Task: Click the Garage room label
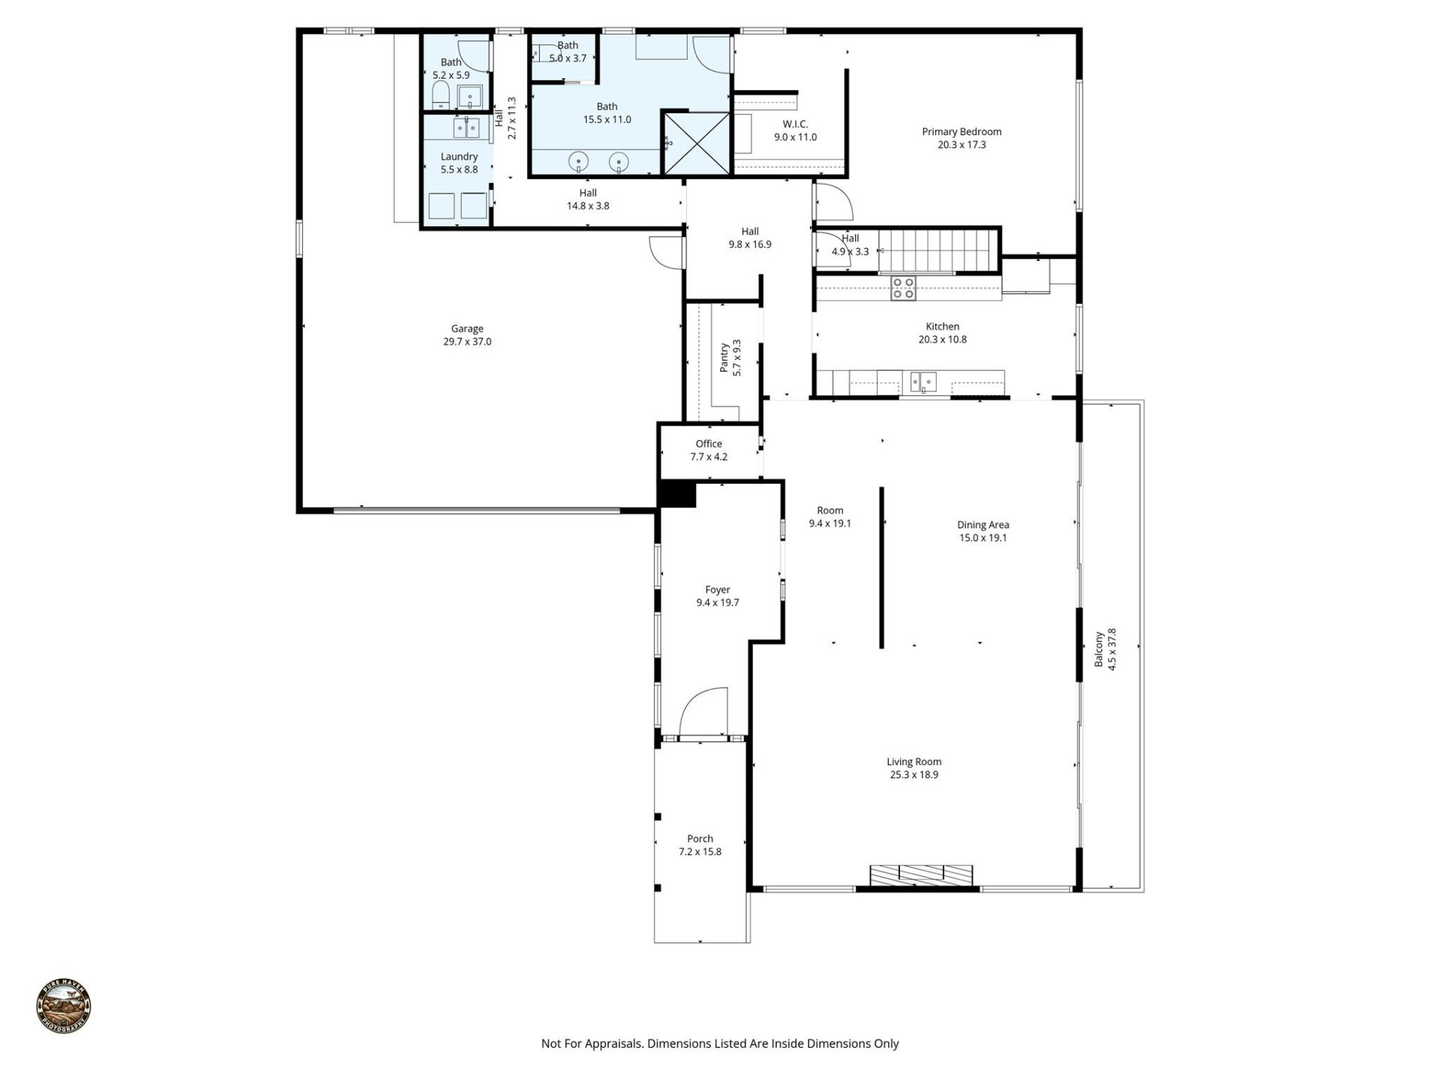[x=466, y=328]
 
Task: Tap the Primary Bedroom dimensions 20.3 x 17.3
[x=961, y=145]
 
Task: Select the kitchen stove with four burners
[x=903, y=288]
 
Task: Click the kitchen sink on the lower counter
[x=923, y=382]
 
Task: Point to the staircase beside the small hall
[x=939, y=250]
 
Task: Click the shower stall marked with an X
[x=697, y=143]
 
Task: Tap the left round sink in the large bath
[x=578, y=161]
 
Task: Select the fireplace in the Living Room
[x=921, y=874]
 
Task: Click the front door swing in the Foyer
[x=702, y=712]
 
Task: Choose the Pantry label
[x=724, y=358]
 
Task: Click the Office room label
[x=709, y=444]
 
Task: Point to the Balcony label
[x=1099, y=649]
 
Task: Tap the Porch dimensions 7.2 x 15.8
[x=700, y=852]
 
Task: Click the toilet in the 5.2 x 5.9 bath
[x=440, y=95]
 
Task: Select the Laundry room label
[x=459, y=157]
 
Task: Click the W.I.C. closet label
[x=795, y=124]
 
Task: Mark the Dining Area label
[x=982, y=525]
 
